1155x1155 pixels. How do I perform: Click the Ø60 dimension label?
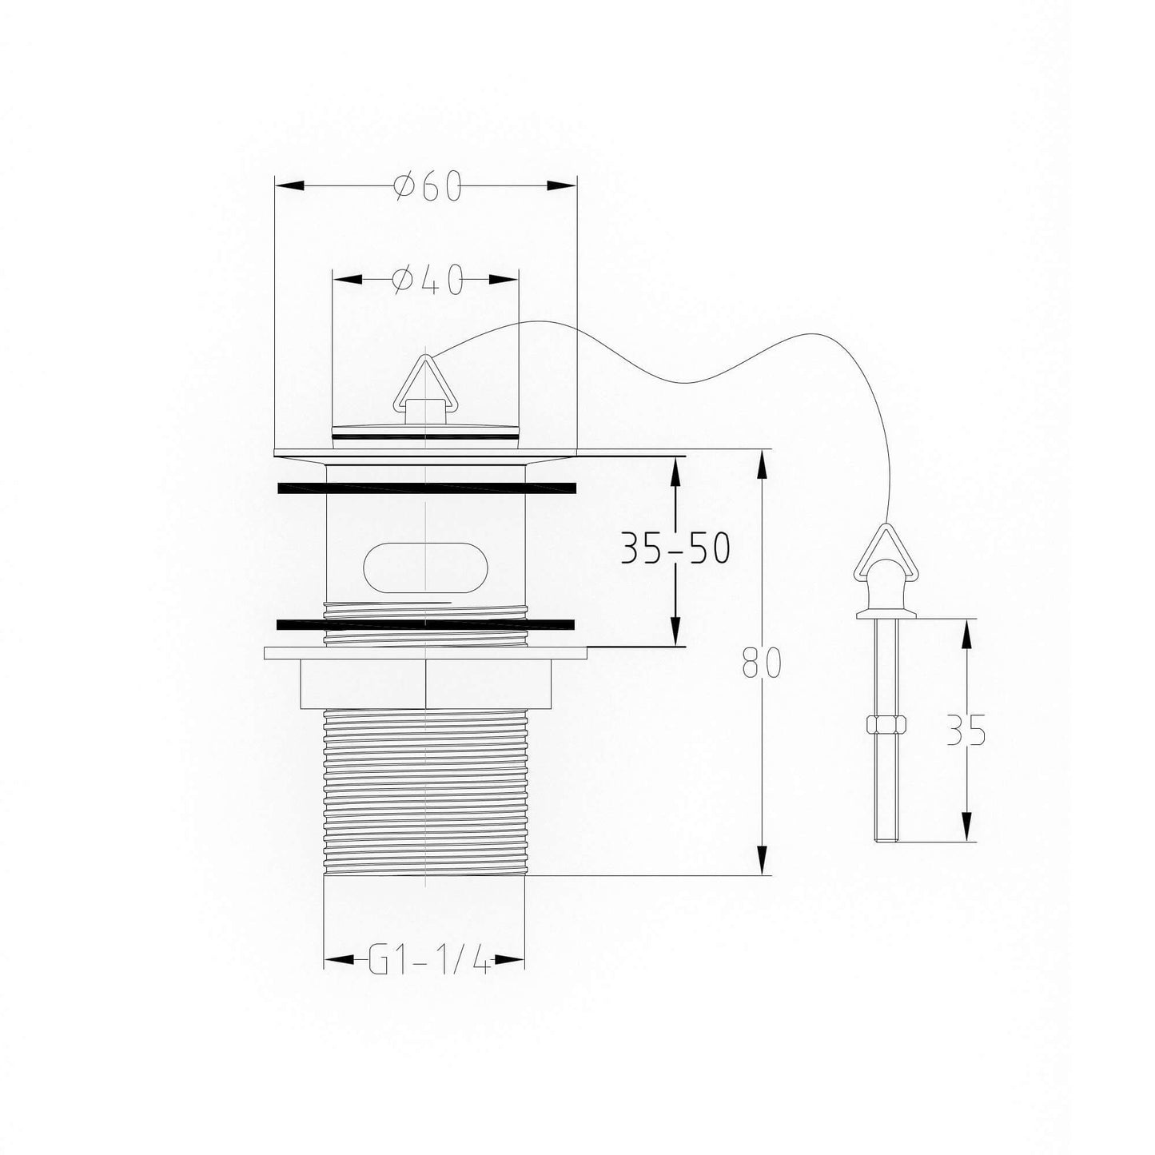tap(428, 187)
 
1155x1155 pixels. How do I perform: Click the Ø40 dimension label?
tap(428, 280)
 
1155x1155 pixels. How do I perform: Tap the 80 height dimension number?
tap(762, 663)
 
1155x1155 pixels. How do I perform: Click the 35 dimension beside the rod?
tap(966, 729)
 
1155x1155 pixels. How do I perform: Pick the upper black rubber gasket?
tap(425, 487)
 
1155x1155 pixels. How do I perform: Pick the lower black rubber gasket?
tap(425, 623)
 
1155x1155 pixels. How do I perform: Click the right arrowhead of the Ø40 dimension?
tap(504, 279)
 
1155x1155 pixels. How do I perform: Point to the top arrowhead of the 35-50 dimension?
tap(676, 472)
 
